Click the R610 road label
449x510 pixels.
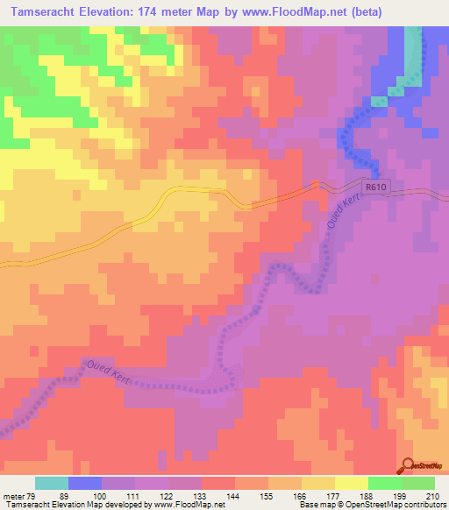coord(376,186)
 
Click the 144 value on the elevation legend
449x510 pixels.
coord(235,495)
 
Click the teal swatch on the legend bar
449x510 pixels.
coord(52,483)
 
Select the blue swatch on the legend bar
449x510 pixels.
coord(85,483)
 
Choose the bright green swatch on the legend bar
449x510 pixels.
coord(385,483)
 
